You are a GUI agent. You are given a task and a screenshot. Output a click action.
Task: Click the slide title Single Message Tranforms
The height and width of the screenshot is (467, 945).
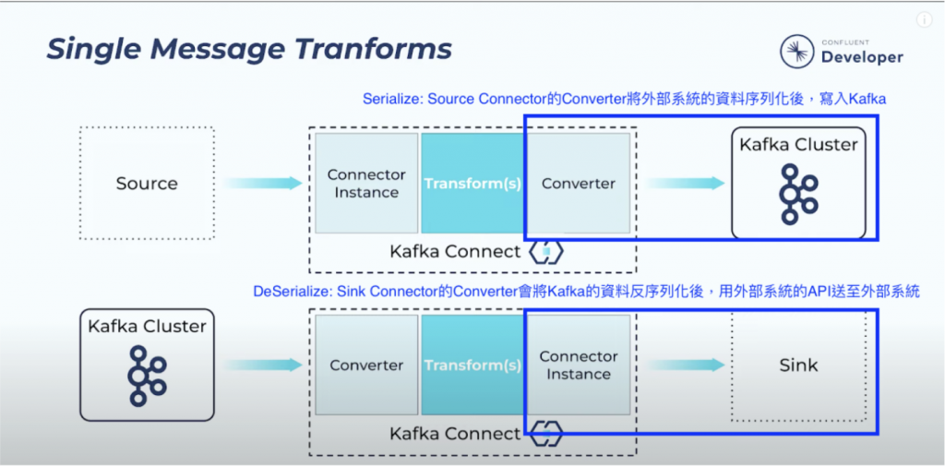pos(249,48)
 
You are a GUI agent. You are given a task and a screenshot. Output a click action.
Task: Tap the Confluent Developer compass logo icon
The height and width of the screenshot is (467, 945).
pos(796,52)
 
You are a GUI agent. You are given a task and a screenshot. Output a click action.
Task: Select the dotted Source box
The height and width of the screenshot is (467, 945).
pos(147,183)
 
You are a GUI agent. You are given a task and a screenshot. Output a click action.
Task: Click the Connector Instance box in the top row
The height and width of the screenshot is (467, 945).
pos(366,183)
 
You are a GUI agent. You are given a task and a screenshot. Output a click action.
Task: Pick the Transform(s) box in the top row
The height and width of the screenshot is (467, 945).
pos(472,183)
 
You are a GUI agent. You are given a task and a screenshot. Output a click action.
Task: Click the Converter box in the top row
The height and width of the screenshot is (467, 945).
pos(578,183)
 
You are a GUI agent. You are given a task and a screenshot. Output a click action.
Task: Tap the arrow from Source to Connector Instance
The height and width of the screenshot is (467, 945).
pos(263,183)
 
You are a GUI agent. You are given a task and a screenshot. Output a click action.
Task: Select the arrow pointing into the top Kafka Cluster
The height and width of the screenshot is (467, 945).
pos(684,183)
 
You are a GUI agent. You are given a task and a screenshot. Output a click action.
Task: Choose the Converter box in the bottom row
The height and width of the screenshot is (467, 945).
pos(366,365)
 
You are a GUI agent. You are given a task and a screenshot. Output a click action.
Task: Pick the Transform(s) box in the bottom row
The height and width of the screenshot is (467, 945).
pos(472,365)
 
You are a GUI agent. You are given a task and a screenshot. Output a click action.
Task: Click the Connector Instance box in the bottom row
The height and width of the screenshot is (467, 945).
pos(578,365)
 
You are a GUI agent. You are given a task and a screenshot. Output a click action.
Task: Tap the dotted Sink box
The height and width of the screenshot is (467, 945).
pos(798,365)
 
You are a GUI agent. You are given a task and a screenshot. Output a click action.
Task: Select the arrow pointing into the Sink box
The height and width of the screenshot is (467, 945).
pos(684,365)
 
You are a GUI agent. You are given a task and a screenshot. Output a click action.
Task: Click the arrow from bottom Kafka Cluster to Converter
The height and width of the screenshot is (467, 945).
pos(263,365)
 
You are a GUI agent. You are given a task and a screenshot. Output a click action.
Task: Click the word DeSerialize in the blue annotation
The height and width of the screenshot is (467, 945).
pos(292,292)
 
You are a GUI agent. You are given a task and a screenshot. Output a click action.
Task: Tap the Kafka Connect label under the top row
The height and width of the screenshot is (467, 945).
pos(455,251)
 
